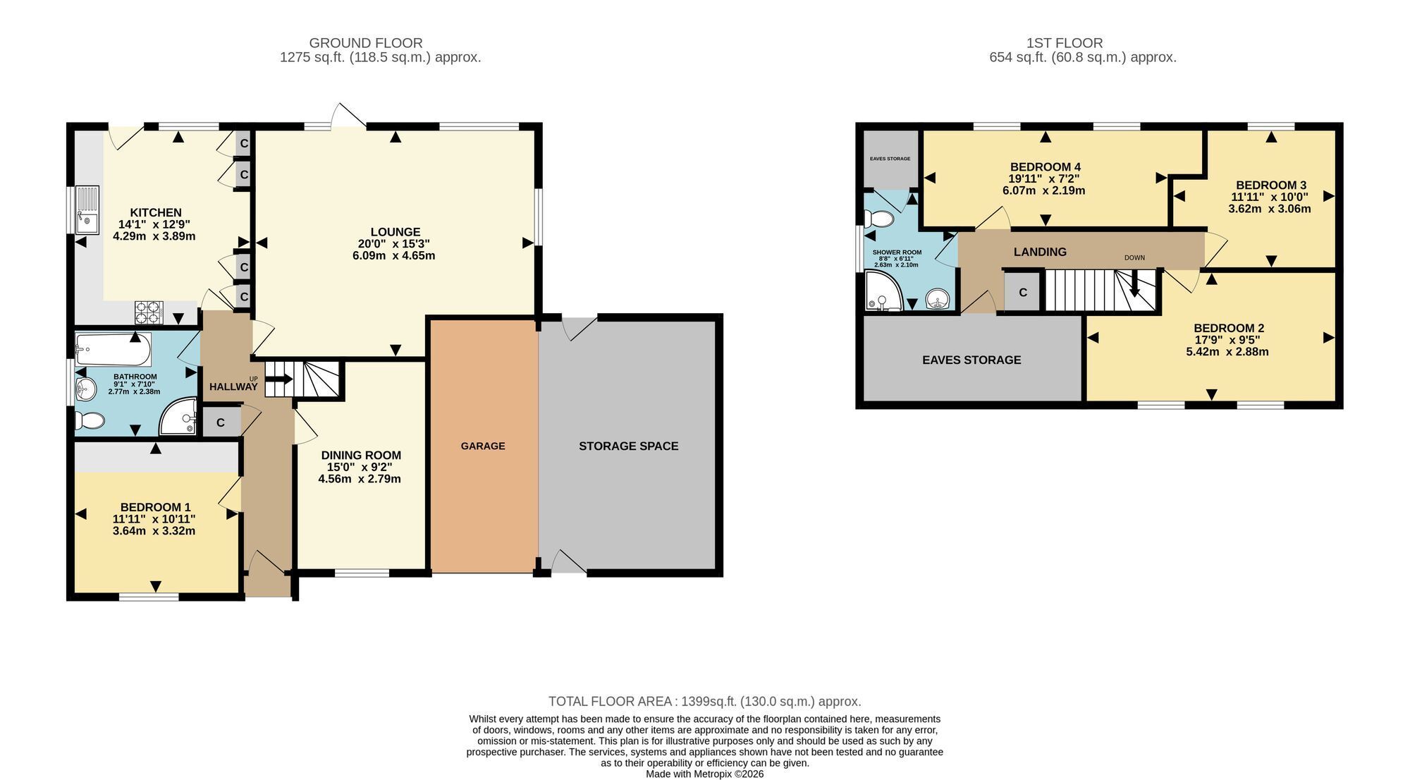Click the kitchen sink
pyautogui.click(x=87, y=209)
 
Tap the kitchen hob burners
pyautogui.click(x=149, y=311)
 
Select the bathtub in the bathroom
pyautogui.click(x=113, y=349)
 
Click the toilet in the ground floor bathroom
pyautogui.click(x=90, y=421)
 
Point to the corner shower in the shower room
pyautogui.click(x=883, y=293)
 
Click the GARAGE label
pyautogui.click(x=483, y=446)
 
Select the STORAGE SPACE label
pyautogui.click(x=629, y=446)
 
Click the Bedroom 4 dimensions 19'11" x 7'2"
pyautogui.click(x=1044, y=178)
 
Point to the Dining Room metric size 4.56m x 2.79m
pyautogui.click(x=360, y=479)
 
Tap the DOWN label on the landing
pyautogui.click(x=1134, y=258)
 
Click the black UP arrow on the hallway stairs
pyautogui.click(x=278, y=379)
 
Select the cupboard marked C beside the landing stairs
pyautogui.click(x=1022, y=292)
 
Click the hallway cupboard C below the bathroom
pyautogui.click(x=221, y=422)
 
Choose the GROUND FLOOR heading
pyautogui.click(x=366, y=44)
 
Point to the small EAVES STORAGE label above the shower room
pyautogui.click(x=890, y=159)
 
